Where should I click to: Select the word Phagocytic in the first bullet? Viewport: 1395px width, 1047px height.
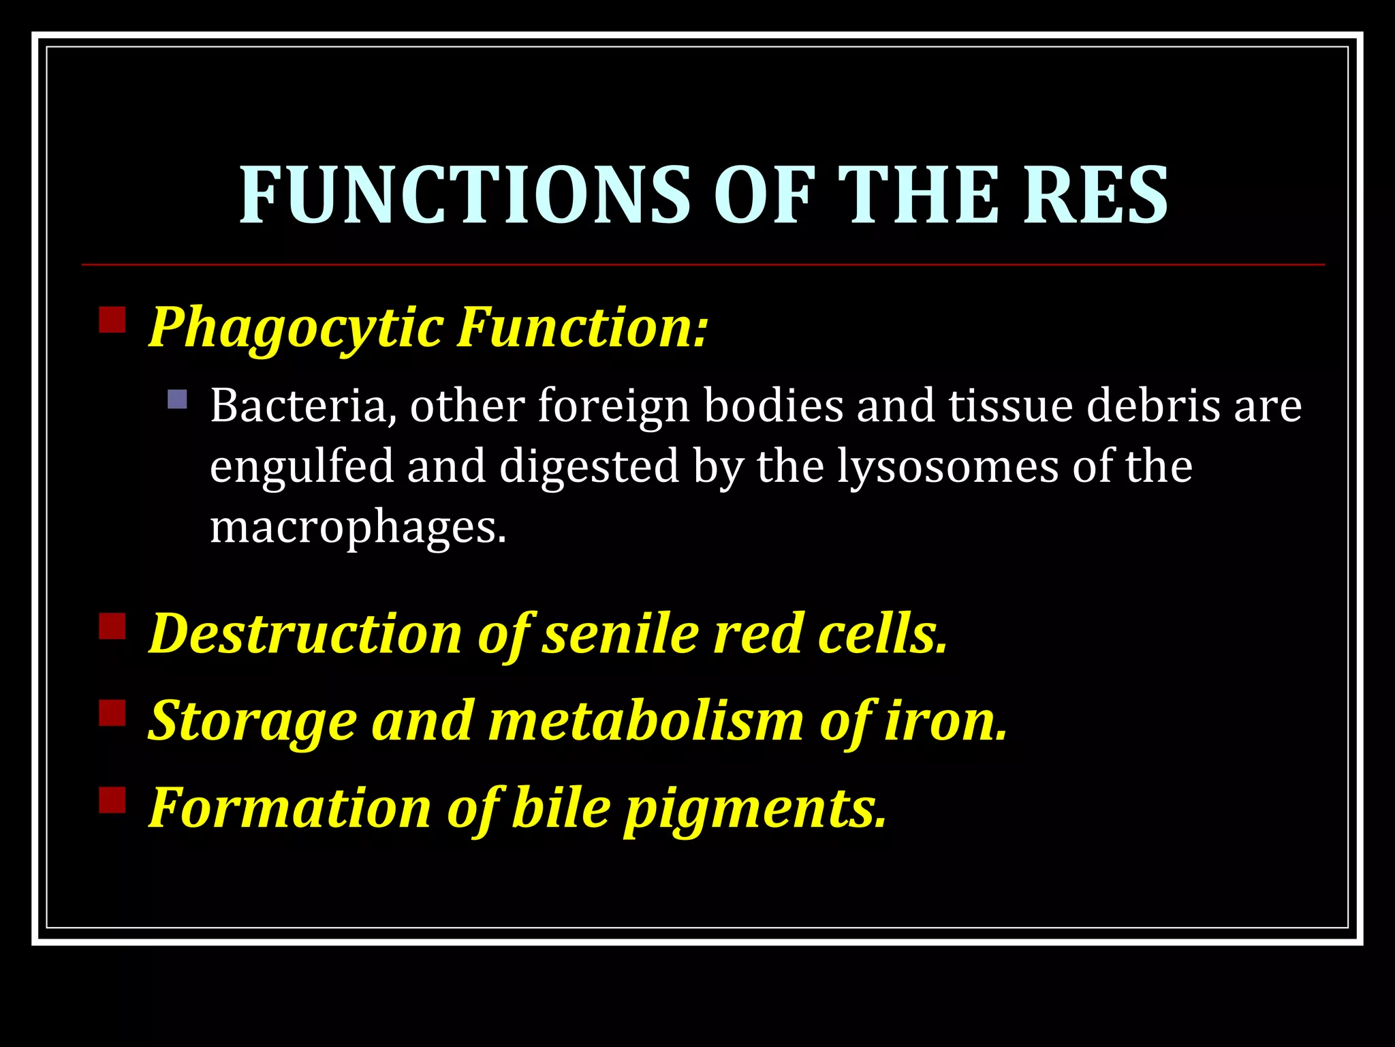(x=296, y=328)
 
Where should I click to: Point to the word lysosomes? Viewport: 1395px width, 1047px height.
(x=947, y=468)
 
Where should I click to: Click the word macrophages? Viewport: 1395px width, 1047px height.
(x=358, y=528)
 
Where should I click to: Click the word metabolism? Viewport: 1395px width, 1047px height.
(x=646, y=721)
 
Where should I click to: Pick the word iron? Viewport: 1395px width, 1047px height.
(x=945, y=721)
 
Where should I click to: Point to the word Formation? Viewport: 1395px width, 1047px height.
(x=289, y=808)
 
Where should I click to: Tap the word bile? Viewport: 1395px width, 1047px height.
(x=561, y=808)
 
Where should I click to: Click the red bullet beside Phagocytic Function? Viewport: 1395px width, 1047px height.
(x=112, y=320)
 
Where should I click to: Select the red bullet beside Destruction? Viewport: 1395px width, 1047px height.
(x=112, y=626)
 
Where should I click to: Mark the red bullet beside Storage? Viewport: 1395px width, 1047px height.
(x=112, y=713)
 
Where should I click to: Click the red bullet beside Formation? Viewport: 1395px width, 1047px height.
(x=112, y=800)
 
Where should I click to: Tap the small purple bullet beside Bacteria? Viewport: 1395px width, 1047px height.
(x=177, y=399)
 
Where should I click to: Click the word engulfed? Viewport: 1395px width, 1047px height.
(x=302, y=468)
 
